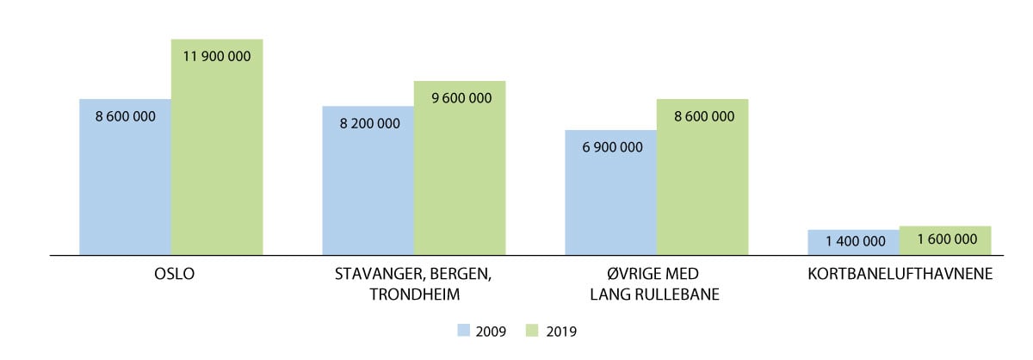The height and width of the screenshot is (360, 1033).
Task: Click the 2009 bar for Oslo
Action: click(125, 185)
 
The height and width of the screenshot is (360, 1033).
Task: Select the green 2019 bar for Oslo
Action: click(216, 155)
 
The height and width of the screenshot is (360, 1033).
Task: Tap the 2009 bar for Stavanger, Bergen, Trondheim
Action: click(368, 189)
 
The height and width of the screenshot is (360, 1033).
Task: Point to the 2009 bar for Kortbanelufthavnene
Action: click(853, 242)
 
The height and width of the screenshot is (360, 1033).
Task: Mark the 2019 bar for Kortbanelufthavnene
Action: click(944, 240)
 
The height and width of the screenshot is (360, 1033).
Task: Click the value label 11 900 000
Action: click(216, 55)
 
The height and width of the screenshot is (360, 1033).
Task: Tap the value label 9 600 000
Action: click(461, 98)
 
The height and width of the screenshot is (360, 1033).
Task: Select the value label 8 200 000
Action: click(368, 123)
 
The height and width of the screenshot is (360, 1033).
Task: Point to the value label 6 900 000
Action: click(612, 147)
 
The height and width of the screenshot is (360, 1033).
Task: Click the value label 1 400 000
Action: click(854, 241)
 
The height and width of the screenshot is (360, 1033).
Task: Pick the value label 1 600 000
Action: click(945, 239)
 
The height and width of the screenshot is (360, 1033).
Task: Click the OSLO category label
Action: click(170, 276)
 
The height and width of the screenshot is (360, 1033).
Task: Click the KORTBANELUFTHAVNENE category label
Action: click(899, 276)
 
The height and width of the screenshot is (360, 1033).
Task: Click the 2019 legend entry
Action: click(555, 331)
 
